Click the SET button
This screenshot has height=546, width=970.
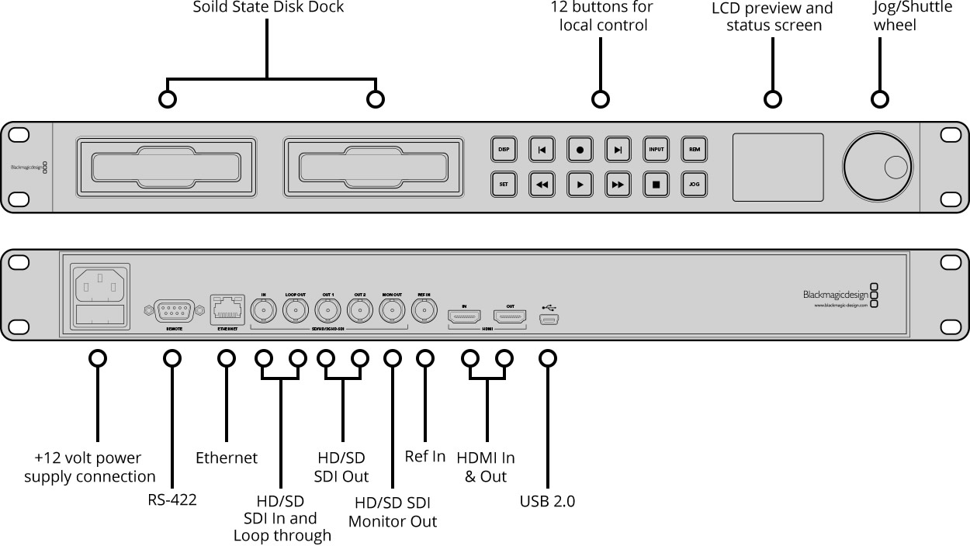pos(504,185)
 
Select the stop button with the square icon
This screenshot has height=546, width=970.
pos(656,185)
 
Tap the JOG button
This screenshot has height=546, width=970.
pos(694,185)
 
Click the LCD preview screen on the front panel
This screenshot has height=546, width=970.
pos(778,167)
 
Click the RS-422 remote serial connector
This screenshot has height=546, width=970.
pos(174,312)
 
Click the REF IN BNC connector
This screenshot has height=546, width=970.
pos(424,312)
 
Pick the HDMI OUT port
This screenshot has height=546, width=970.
pos(510,316)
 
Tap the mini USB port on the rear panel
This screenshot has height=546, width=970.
pos(551,319)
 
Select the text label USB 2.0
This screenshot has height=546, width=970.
pos(547,501)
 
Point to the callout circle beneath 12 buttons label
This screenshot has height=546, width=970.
pos(600,99)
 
